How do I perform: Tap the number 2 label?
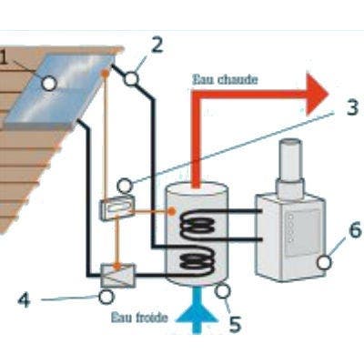tap(157, 45)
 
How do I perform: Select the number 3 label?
tap(352, 107)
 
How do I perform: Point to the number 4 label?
tap(25, 300)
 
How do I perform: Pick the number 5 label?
tap(235, 324)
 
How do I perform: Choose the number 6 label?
tap(355, 230)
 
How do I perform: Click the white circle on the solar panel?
tap(49, 84)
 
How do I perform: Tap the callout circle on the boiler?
tap(324, 262)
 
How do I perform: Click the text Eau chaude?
tap(226, 80)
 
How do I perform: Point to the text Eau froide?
tap(139, 318)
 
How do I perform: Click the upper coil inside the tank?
tap(197, 225)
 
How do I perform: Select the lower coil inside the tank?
tap(197, 261)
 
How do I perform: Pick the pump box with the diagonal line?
tap(117, 276)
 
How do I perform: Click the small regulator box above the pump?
tap(117, 208)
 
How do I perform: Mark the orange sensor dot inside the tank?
tap(172, 211)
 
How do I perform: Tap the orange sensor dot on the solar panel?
tap(105, 73)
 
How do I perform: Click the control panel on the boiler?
tap(302, 232)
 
